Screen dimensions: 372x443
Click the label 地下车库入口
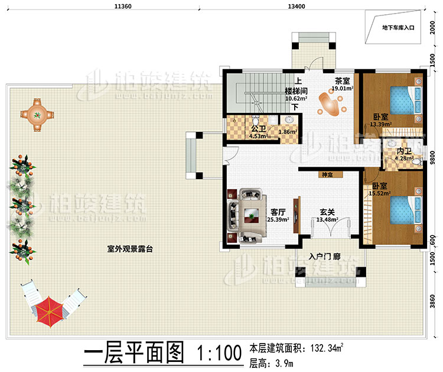399,27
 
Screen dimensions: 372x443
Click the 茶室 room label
342,82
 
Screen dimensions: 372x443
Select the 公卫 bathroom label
257,128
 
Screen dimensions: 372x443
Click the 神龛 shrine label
327,175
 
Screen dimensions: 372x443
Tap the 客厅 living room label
278,211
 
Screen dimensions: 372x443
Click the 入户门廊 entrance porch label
324,258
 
